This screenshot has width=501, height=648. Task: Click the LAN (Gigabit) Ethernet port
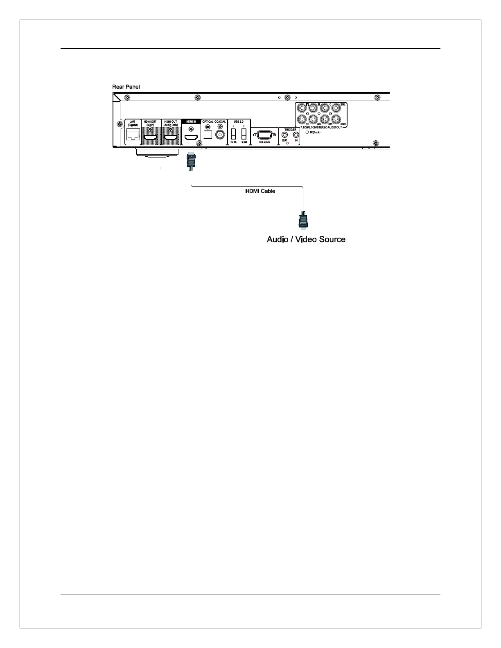click(x=133, y=135)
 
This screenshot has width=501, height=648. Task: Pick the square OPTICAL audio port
click(x=208, y=134)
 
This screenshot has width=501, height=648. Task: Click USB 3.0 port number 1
click(x=233, y=134)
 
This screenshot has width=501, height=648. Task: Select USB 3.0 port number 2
click(x=244, y=134)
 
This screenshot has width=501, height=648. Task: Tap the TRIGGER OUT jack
click(x=285, y=135)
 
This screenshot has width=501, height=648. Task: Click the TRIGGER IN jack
click(x=296, y=135)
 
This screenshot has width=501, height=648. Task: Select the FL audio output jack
click(x=302, y=108)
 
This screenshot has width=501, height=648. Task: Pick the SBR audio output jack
click(x=336, y=119)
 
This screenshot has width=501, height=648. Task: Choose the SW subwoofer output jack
click(x=325, y=119)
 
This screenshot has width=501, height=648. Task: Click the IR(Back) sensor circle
click(x=307, y=132)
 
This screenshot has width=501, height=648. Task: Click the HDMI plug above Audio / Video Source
click(x=303, y=220)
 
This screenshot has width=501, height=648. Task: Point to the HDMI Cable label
click(x=260, y=191)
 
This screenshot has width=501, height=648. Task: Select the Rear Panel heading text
click(x=126, y=87)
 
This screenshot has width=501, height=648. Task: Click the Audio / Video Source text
click(x=306, y=239)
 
